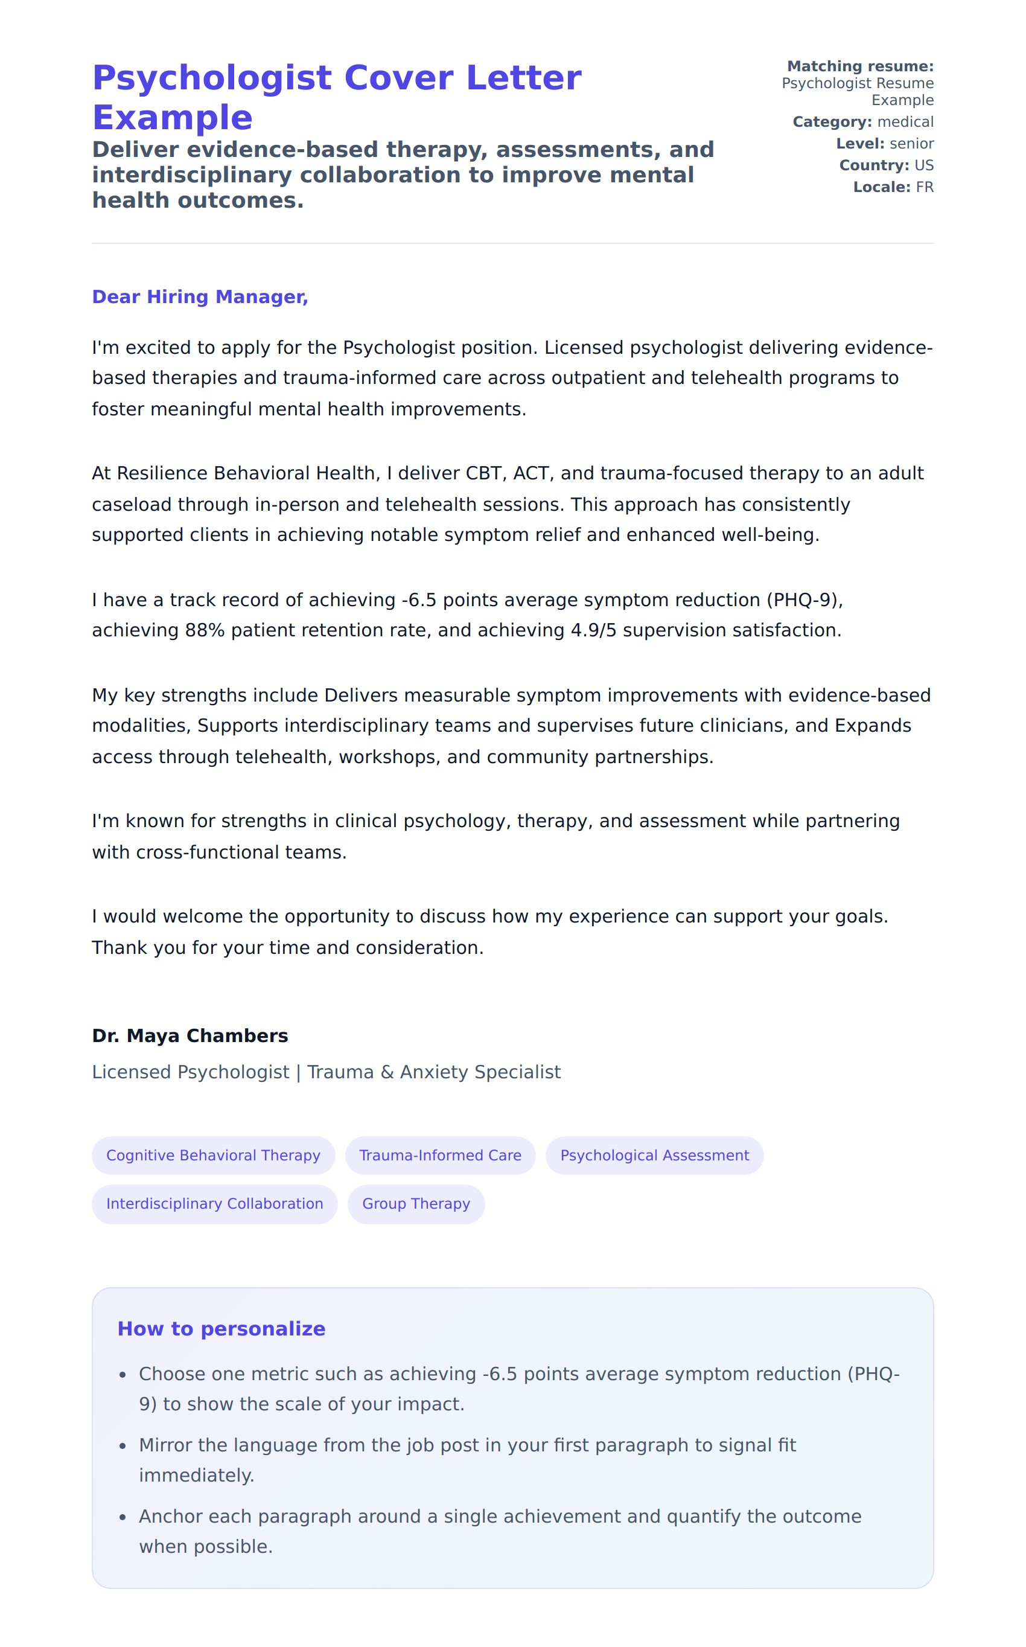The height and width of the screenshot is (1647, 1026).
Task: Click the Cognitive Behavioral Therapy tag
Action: pyautogui.click(x=213, y=1155)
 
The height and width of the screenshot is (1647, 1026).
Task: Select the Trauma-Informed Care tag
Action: pyautogui.click(x=440, y=1155)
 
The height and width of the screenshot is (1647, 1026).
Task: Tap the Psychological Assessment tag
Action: pyautogui.click(x=654, y=1155)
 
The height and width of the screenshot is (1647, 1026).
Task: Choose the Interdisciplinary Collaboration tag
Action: pyautogui.click(x=214, y=1203)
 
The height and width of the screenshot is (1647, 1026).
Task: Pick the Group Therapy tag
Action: pyautogui.click(x=416, y=1203)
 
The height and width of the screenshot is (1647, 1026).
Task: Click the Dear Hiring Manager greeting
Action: pyautogui.click(x=200, y=296)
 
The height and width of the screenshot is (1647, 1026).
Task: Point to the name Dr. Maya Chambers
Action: pyautogui.click(x=190, y=1035)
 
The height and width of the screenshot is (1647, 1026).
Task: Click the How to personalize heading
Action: pyautogui.click(x=221, y=1329)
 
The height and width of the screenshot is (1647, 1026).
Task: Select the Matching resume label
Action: pyautogui.click(x=860, y=66)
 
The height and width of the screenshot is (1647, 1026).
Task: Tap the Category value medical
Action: pyautogui.click(x=905, y=122)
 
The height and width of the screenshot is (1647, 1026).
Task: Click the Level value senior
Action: pyautogui.click(x=911, y=144)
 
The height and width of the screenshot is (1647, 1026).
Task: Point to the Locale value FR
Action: pyautogui.click(x=924, y=187)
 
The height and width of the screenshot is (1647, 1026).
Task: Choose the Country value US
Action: pyautogui.click(x=923, y=165)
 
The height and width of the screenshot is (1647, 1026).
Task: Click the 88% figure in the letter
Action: pyautogui.click(x=204, y=630)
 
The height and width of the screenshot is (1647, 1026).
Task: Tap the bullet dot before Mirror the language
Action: pyautogui.click(x=123, y=1446)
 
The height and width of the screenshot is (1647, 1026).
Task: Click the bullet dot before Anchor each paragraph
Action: pyautogui.click(x=123, y=1517)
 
